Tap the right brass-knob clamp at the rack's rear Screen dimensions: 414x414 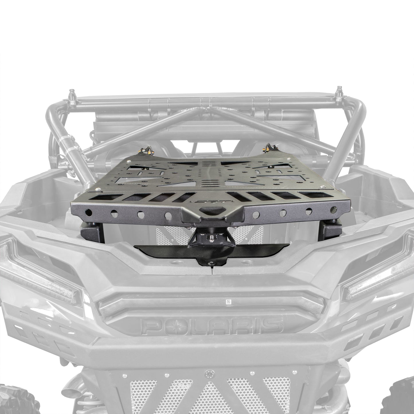pyautogui.click(x=268, y=148)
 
